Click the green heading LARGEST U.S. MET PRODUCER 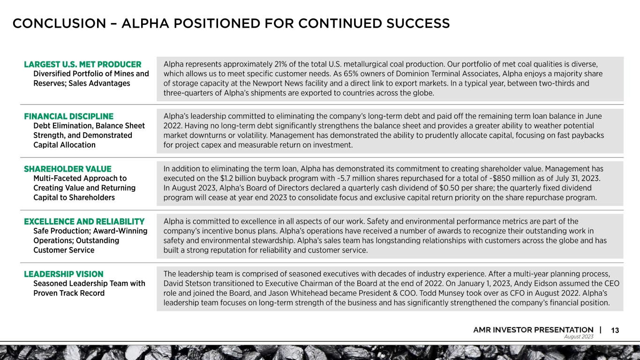click(83, 64)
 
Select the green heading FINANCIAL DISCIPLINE click(68, 116)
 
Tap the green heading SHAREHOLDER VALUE click(68, 169)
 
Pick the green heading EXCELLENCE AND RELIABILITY click(84, 221)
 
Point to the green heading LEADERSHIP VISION click(64, 274)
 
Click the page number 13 click(615, 330)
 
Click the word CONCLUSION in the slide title click(59, 23)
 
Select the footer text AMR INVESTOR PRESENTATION click(533, 330)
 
